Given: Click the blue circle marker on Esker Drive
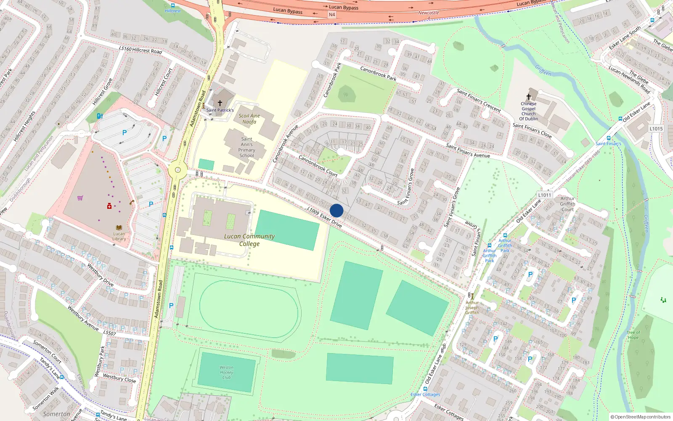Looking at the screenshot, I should tap(336, 210).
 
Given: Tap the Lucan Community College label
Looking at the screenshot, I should tap(249, 240).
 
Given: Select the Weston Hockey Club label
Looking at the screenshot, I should tap(226, 372).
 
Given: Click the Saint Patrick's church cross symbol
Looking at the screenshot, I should tap(220, 103).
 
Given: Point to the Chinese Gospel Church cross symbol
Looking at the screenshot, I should tap(529, 97).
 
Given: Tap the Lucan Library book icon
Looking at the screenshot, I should tap(119, 228).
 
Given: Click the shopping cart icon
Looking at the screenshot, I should tap(80, 197).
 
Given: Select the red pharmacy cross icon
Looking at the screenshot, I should tap(109, 206).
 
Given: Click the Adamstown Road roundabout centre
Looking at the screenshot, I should tap(178, 171).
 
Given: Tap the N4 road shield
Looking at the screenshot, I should tap(332, 15).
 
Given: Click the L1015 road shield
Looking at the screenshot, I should tap(656, 129).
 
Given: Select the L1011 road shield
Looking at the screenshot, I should tap(544, 195).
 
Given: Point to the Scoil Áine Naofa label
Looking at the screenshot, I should tap(249, 119).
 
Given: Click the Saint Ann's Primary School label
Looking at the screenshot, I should tap(246, 147).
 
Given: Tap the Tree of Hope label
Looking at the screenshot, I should tap(633, 335).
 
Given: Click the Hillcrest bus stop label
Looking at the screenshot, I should tap(172, 11).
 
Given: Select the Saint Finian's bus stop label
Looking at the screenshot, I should tap(608, 144).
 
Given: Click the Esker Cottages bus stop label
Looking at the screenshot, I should tap(425, 394).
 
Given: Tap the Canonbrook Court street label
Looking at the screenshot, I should tap(318, 165).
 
